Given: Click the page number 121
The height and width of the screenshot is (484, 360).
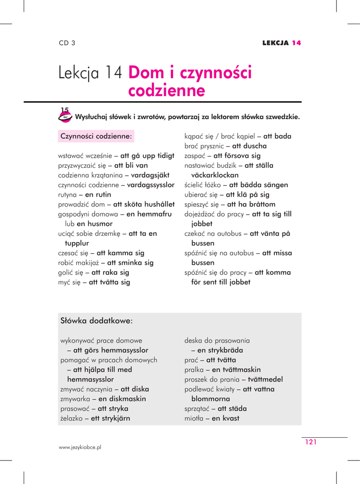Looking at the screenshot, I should point(310,442).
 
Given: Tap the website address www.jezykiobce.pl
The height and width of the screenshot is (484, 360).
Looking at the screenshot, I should point(80,447).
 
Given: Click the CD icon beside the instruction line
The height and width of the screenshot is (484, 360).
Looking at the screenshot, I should point(65,115).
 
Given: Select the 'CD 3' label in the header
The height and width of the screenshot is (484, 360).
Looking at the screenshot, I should point(67,43).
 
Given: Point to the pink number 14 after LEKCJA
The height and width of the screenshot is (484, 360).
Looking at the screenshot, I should point(297,43).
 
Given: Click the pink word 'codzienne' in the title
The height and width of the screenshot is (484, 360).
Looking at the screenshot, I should point(167,90).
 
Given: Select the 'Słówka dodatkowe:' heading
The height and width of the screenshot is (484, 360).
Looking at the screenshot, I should point(97,321).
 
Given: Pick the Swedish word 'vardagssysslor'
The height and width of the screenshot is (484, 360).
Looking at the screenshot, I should point(151,184).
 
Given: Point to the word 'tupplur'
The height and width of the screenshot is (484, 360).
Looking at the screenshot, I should point(77,243).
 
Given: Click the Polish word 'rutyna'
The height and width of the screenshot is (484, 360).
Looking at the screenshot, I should point(68,194).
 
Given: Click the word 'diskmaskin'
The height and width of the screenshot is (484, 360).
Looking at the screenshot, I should point(122,398).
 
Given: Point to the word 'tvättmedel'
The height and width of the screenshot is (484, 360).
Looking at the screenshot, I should point(265,379).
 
